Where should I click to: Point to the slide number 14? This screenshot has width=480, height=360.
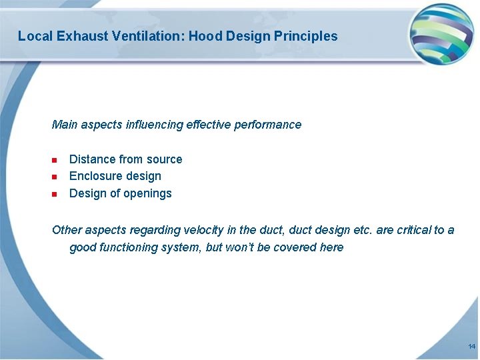coord(471,347)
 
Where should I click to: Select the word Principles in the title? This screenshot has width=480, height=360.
coord(306,36)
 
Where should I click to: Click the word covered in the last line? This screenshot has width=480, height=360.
coord(285,247)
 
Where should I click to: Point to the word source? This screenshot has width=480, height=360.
coord(165,159)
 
